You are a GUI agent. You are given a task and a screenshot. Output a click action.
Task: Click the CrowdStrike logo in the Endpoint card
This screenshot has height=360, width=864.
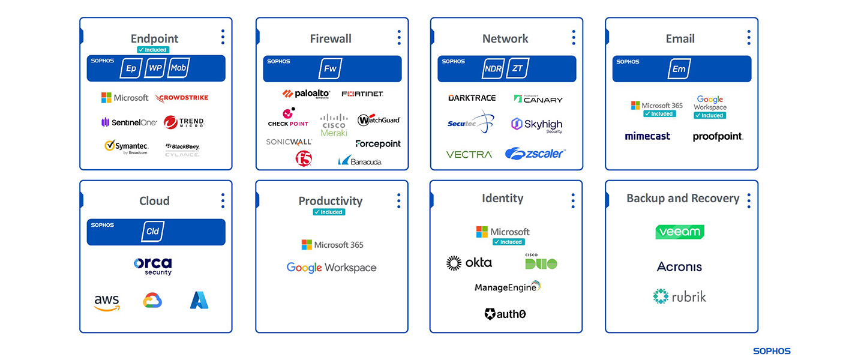[x=182, y=98]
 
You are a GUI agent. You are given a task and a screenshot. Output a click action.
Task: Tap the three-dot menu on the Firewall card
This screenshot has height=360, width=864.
[x=399, y=37]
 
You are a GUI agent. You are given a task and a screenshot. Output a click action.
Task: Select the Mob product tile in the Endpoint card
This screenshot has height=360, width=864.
[x=178, y=68]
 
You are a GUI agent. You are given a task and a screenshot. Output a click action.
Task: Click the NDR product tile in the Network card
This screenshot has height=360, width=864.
[x=493, y=68]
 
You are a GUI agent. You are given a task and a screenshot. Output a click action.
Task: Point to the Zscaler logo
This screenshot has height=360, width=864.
[x=535, y=154]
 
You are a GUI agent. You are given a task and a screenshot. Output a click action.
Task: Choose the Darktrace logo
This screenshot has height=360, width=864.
[x=472, y=98]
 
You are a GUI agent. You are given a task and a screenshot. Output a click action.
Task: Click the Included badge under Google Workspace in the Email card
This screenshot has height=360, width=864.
[x=710, y=115]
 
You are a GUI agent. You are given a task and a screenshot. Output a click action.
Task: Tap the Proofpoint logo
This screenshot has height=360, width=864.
[x=718, y=137]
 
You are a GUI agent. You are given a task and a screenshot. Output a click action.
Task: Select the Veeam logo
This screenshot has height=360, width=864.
[x=680, y=232]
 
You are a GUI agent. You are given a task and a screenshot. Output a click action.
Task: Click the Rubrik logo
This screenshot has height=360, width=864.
[x=680, y=296]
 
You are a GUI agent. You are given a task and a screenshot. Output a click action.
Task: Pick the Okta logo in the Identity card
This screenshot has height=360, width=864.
[x=469, y=263]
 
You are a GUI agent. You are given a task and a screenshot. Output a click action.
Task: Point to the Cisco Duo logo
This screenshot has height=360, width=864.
[x=541, y=262]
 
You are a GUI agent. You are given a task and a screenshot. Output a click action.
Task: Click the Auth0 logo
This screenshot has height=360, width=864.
[x=505, y=314]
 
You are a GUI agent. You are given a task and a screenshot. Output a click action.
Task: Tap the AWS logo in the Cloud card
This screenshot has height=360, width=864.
[x=107, y=302]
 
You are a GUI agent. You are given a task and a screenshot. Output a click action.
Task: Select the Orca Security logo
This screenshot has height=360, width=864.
[x=153, y=265]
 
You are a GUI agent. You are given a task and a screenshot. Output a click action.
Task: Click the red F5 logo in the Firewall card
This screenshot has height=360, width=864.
[x=304, y=158]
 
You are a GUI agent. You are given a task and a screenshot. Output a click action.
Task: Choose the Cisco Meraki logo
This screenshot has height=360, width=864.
[x=334, y=125]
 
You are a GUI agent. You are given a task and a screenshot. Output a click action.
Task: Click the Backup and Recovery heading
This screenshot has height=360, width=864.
[x=683, y=199]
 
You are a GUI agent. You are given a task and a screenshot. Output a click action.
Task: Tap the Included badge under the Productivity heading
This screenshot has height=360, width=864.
[x=329, y=212]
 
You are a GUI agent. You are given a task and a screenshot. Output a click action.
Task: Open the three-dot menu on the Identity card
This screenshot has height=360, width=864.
[x=574, y=200]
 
